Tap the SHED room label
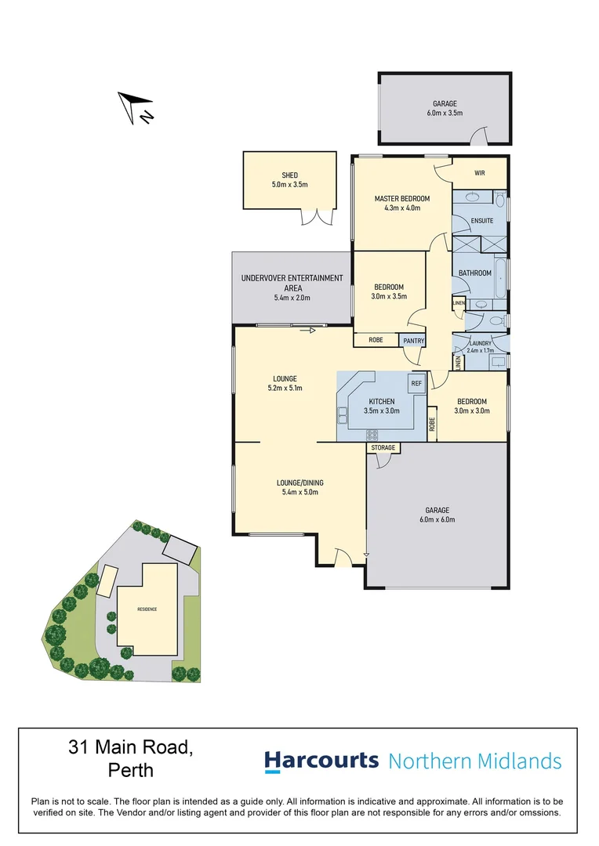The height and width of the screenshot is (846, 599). [x=290, y=175]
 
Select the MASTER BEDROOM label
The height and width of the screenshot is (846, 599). [x=402, y=198]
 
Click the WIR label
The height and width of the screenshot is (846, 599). [x=480, y=173]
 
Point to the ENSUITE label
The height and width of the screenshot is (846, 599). [x=482, y=221]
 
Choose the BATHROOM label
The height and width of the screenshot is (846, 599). [x=475, y=273]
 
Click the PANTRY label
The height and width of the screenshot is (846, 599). [x=413, y=341]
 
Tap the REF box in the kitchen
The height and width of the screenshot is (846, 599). [x=416, y=383]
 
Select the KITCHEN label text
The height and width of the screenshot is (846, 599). [x=382, y=402]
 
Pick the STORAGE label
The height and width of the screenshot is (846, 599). [x=383, y=448]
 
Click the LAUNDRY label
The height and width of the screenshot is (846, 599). [x=480, y=343]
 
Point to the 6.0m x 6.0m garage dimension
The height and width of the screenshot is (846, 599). [x=437, y=519]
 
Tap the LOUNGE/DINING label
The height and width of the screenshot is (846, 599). [x=299, y=483]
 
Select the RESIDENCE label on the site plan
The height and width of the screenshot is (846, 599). [x=147, y=609]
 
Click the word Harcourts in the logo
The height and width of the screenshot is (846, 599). [x=321, y=761]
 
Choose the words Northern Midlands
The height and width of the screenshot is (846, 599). [x=475, y=761]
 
